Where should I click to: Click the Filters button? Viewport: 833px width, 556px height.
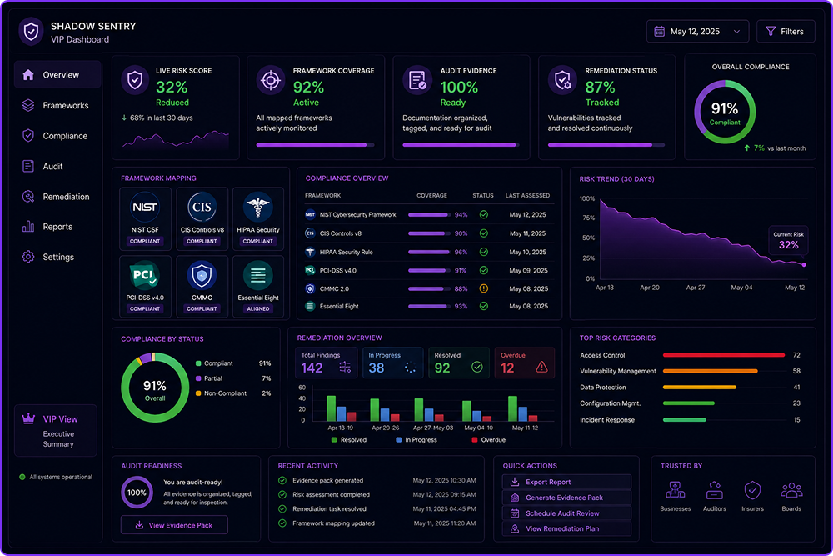786,32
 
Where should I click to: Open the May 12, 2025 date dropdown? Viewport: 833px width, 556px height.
697,32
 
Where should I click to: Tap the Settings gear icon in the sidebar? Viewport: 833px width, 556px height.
28,258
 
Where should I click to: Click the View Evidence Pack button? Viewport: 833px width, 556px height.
174,525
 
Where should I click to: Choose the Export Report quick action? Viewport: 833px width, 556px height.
566,482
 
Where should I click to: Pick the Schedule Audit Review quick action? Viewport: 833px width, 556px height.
566,513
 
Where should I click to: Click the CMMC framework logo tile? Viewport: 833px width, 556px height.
202,287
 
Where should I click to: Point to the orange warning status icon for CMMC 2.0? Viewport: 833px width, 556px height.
483,288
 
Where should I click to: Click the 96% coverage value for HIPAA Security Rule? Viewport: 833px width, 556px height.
461,252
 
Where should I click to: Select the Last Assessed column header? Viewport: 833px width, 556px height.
527,196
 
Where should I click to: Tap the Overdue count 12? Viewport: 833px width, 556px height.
507,368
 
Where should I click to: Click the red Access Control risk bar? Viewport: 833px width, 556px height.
724,355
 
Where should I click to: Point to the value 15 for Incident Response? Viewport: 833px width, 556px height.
796,420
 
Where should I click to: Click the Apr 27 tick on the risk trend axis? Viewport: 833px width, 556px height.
696,288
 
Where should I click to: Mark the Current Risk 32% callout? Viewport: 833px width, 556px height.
788,241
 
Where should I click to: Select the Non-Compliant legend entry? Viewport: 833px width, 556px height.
221,393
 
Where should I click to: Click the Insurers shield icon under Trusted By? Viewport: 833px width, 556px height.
752,490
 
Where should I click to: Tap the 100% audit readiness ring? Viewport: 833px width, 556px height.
137,493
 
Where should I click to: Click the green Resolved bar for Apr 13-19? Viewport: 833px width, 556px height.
331,408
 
